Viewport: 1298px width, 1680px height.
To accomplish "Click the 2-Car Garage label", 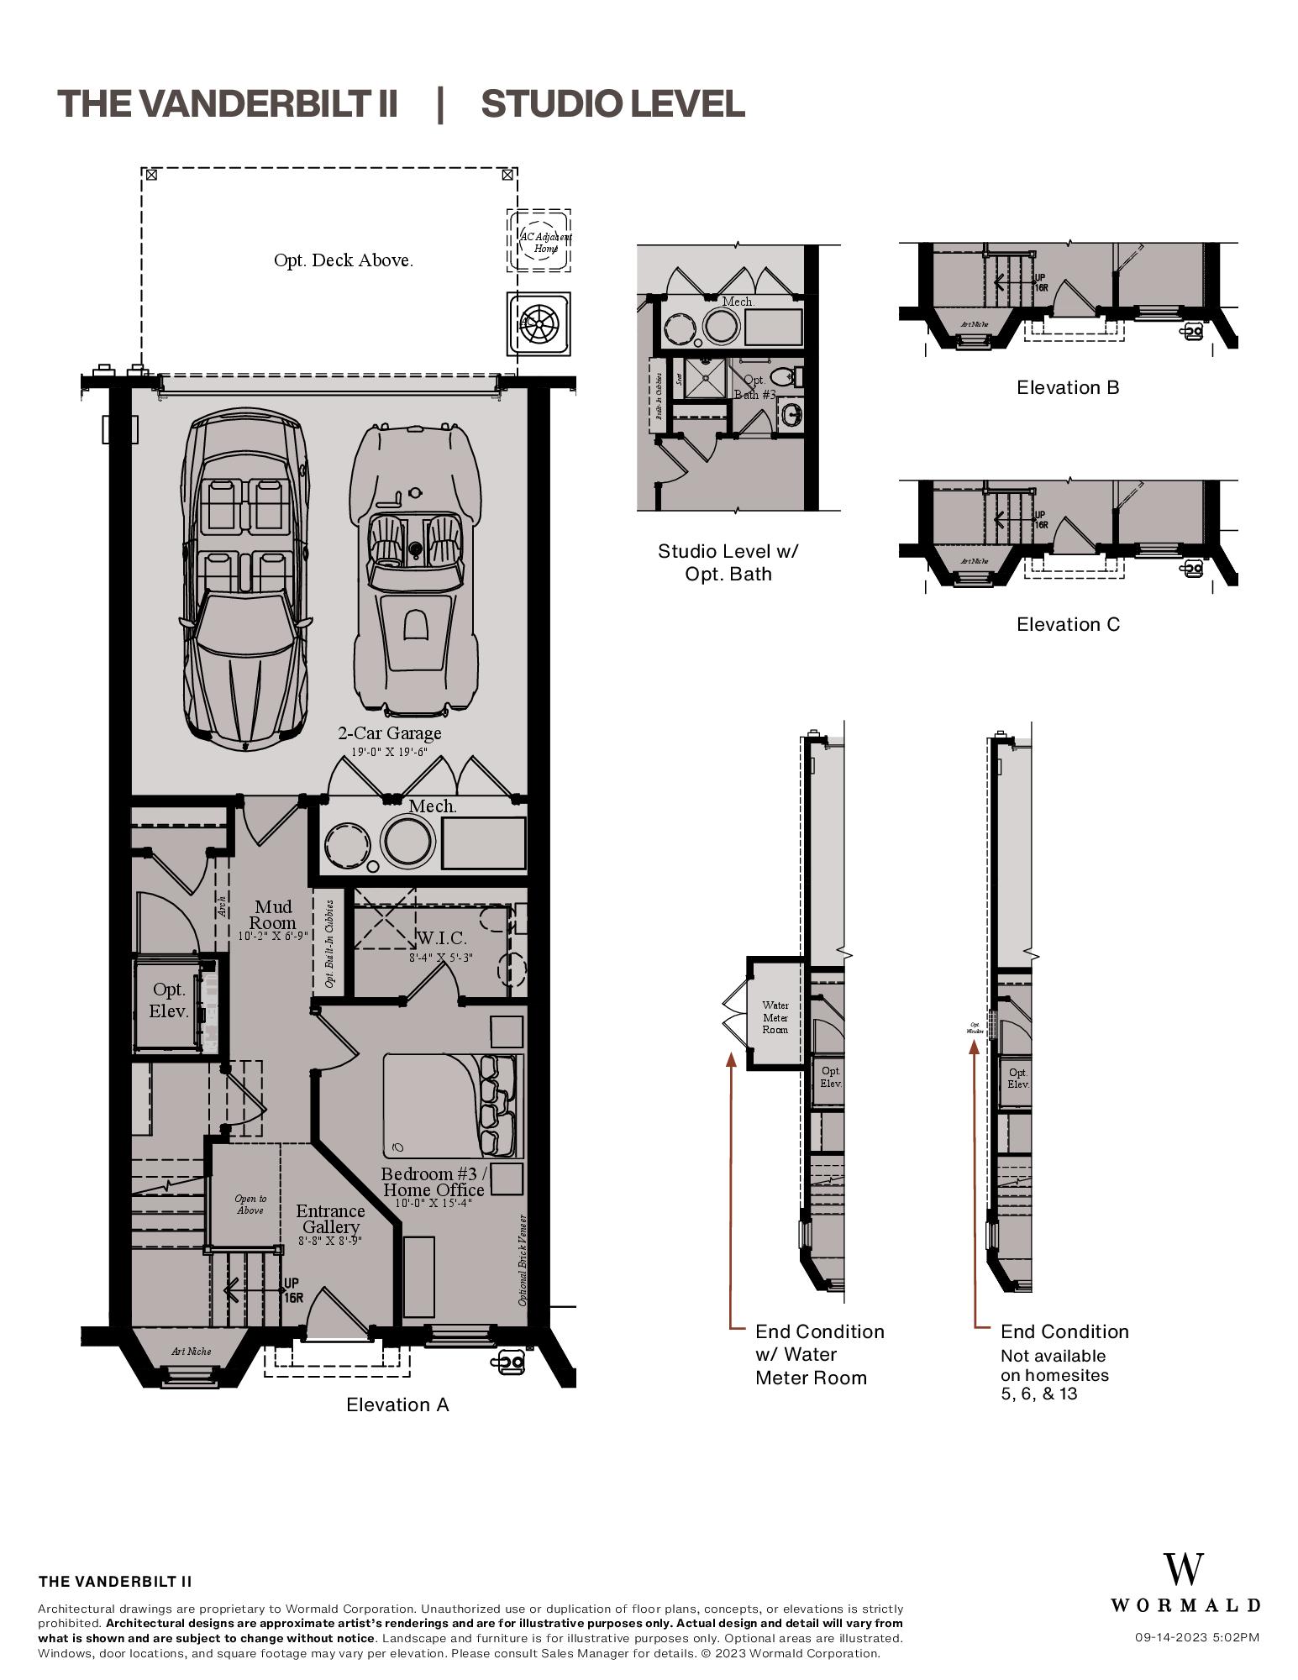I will click(x=389, y=733).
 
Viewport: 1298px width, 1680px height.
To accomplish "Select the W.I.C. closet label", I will click(x=441, y=938).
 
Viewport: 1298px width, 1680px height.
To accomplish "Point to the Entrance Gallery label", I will click(x=330, y=1220).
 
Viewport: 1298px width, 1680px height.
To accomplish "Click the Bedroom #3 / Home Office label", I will click(x=433, y=1182).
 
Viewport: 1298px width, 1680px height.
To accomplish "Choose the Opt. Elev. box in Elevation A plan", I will click(x=168, y=1000).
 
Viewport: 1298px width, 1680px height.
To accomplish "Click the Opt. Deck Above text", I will click(x=343, y=260).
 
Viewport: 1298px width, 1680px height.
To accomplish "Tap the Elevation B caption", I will click(x=1068, y=387).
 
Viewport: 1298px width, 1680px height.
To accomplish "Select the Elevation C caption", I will click(x=1068, y=624).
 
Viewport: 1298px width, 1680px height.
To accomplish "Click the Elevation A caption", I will click(x=397, y=1404).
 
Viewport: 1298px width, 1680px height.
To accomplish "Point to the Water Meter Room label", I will click(x=775, y=1017).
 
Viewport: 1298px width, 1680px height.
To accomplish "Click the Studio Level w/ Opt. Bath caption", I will click(x=728, y=563).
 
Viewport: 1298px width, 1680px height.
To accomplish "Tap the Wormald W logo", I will click(x=1184, y=1570).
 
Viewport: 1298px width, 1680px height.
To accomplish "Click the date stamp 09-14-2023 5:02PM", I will click(x=1196, y=1637).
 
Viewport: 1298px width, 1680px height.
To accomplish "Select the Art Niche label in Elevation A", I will click(x=191, y=1352).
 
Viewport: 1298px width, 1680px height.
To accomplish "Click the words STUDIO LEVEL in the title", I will click(x=612, y=104).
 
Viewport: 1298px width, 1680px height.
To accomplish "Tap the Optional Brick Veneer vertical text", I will click(x=523, y=1260).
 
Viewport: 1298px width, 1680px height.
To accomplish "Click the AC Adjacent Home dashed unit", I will click(x=539, y=241).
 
